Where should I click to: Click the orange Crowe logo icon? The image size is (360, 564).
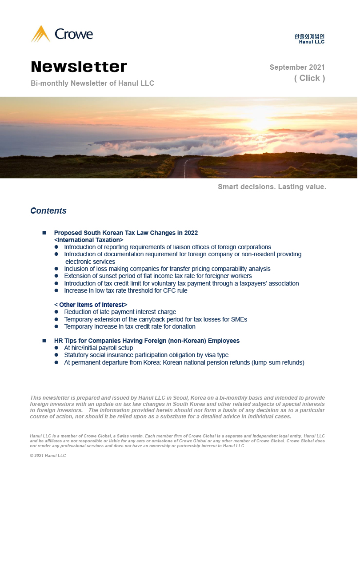coord(40,34)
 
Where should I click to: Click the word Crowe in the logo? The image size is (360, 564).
coord(74,34)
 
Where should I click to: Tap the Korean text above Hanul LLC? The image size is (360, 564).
coord(309,36)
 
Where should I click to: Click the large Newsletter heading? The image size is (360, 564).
coord(79,67)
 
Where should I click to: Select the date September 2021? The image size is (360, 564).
coord(297,68)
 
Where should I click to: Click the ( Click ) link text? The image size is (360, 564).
coord(309,78)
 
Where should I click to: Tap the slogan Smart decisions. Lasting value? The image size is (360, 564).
coord(272,187)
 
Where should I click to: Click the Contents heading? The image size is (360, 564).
coord(48,211)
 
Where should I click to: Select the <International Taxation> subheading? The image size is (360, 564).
coord(88,240)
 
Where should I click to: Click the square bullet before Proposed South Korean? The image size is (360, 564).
coord(44,233)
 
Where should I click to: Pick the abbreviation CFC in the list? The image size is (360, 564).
coord(168,291)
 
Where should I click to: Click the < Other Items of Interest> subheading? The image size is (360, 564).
coord(91,305)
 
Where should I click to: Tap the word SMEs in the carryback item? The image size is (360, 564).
coord(238,319)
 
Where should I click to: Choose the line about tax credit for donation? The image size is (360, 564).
coord(130,326)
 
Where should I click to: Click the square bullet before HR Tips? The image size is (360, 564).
coord(44,341)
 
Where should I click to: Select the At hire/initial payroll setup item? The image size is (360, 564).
coord(98,348)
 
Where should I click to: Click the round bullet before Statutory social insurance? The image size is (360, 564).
coord(56,355)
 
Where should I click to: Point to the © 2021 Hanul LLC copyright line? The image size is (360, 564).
coord(48,456)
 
